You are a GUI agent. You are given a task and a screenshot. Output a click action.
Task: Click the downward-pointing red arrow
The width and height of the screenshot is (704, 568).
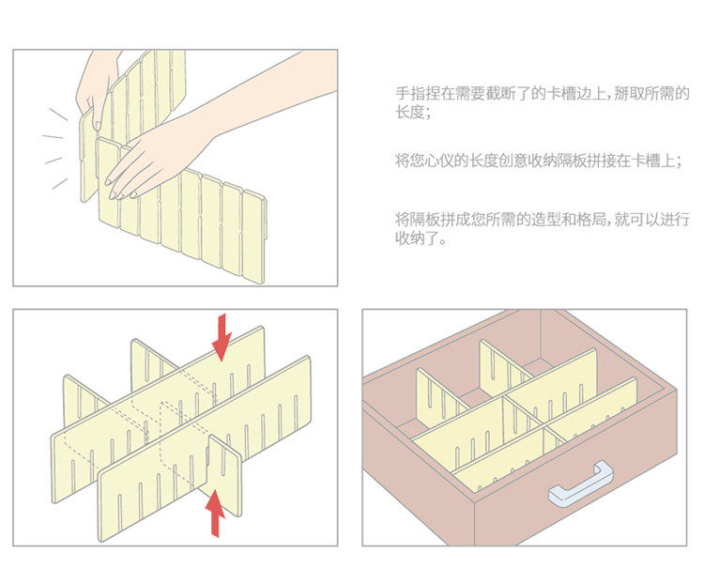click(x=222, y=336)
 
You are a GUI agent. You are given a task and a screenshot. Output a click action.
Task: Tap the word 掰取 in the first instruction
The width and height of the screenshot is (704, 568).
click(x=634, y=94)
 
